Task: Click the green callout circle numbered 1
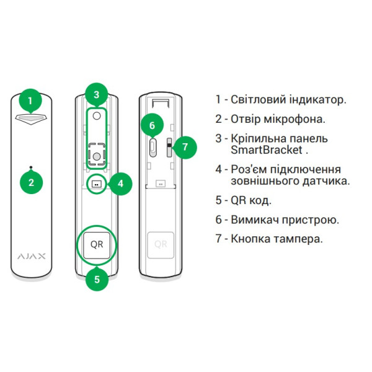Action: [x=30, y=101]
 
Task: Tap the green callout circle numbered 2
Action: [x=32, y=182]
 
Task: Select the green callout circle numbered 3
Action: [x=96, y=95]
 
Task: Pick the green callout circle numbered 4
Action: [x=120, y=184]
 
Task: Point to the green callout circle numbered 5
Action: [x=97, y=279]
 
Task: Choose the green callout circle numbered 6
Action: [x=153, y=125]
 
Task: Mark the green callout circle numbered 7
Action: [x=185, y=148]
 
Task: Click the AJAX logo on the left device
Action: [x=32, y=256]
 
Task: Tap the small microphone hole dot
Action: [x=31, y=167]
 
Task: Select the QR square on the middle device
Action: [x=97, y=245]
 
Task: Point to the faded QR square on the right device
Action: [x=161, y=245]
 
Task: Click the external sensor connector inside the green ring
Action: [x=97, y=184]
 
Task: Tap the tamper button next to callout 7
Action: [x=169, y=148]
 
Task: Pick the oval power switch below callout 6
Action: [x=153, y=148]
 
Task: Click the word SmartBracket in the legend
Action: [x=267, y=150]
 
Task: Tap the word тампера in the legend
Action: [x=298, y=239]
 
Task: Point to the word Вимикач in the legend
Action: [x=255, y=219]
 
